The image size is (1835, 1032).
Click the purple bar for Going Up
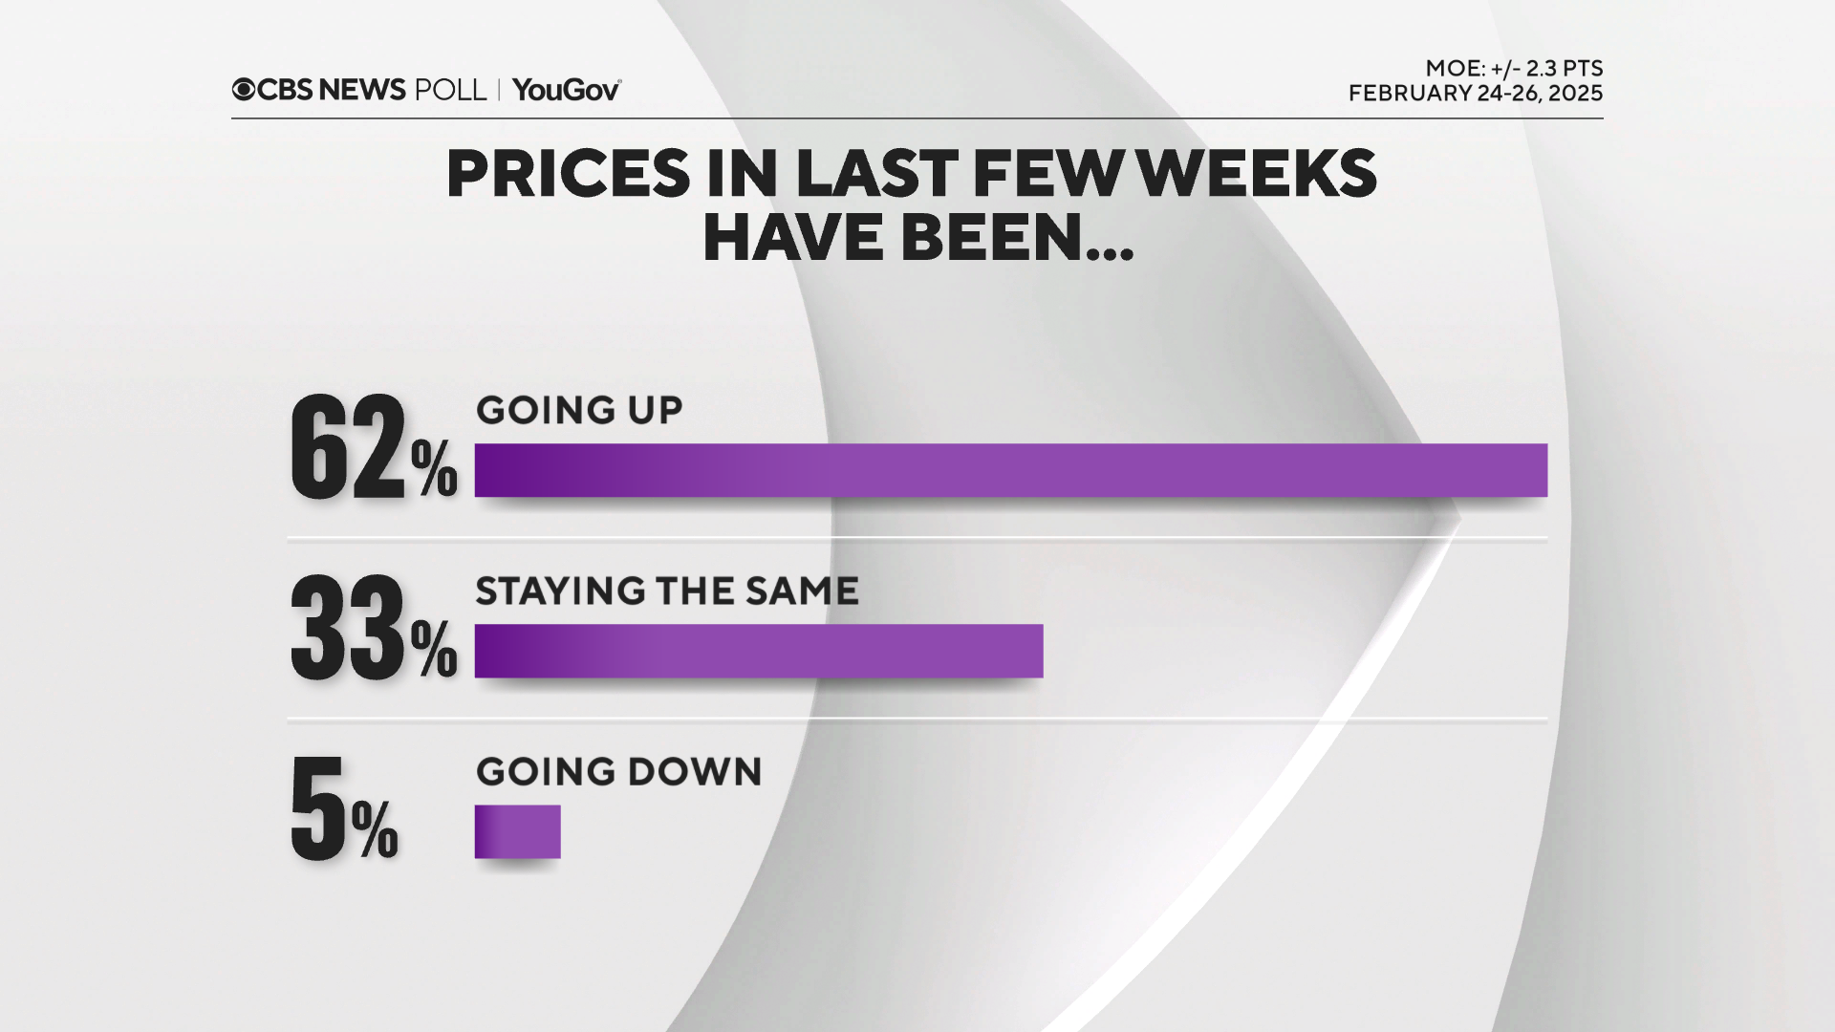(x=1010, y=470)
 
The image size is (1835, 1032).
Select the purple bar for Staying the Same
(x=759, y=651)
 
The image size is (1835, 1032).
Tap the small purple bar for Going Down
(x=517, y=831)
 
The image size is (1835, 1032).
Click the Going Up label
(x=579, y=410)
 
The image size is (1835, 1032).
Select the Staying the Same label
(x=667, y=591)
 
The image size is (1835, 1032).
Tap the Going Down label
(x=619, y=771)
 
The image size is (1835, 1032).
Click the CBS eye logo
(x=244, y=90)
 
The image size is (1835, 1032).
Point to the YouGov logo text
(x=567, y=90)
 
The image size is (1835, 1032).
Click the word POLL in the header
(x=450, y=90)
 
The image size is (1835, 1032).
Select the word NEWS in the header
(x=362, y=90)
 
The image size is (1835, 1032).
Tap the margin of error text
(x=1514, y=69)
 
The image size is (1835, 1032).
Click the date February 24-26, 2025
(x=1476, y=94)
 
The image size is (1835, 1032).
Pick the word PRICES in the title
(x=568, y=174)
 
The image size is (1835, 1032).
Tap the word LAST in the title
(x=876, y=174)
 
